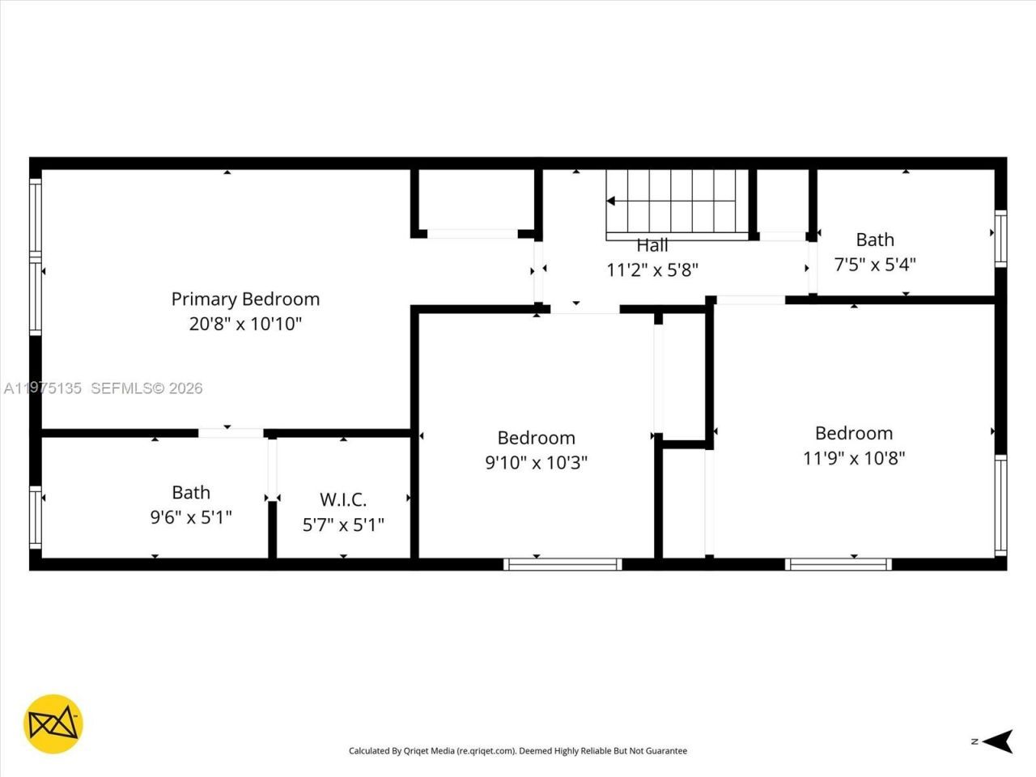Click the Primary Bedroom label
tap(245, 299)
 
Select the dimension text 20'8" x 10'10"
tap(245, 324)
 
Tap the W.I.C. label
tap(343, 499)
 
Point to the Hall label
tap(652, 245)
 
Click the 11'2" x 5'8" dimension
tap(652, 270)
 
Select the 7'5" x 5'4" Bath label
tap(875, 240)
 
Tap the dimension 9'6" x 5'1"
tap(191, 517)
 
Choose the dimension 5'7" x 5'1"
tap(343, 524)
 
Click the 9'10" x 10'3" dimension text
tap(536, 462)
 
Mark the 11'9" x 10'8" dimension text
tap(854, 457)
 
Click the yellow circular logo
tap(53, 724)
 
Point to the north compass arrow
tap(1001, 741)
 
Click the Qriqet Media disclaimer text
tap(518, 751)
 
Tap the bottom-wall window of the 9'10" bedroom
tap(563, 564)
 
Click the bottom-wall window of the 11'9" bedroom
tap(839, 564)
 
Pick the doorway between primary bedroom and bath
tap(231, 433)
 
